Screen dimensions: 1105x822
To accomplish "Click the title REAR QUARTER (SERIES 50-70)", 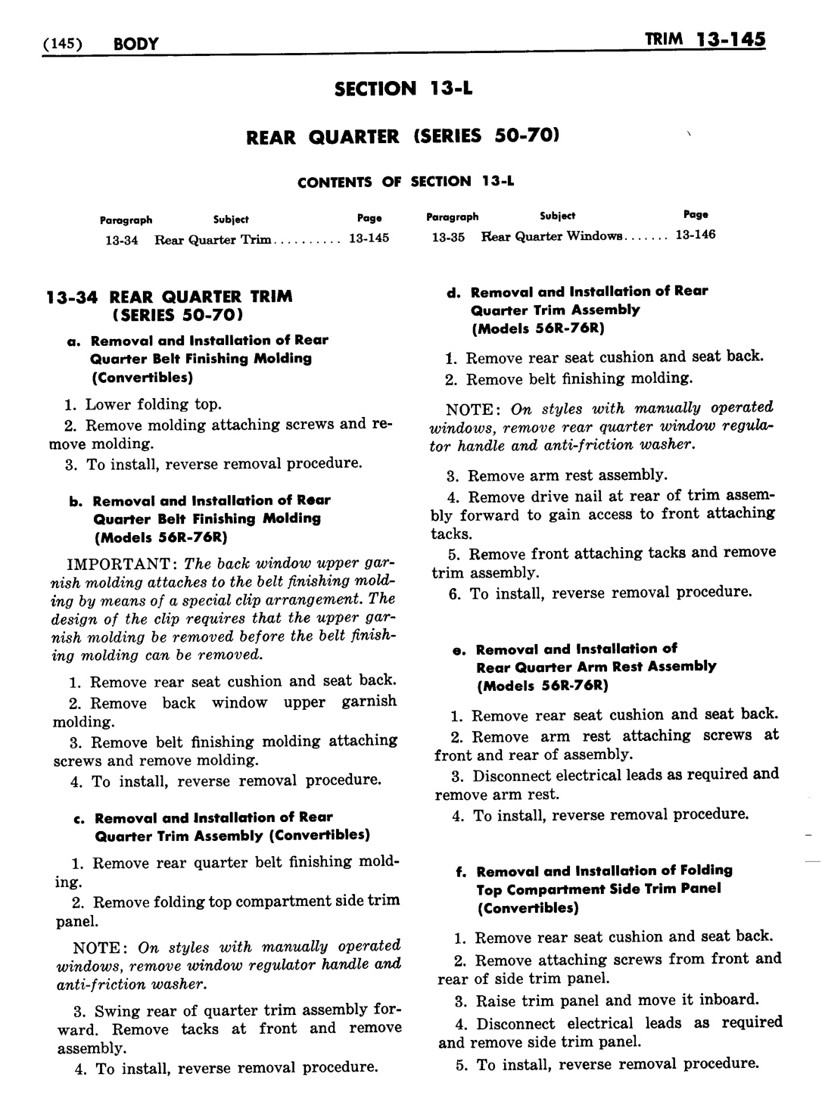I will [x=403, y=136].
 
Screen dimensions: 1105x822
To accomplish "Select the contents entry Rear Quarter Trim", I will [x=213, y=239].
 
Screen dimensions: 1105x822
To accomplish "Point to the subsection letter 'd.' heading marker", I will [x=454, y=292].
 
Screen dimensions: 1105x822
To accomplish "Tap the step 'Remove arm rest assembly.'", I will [x=567, y=475].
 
